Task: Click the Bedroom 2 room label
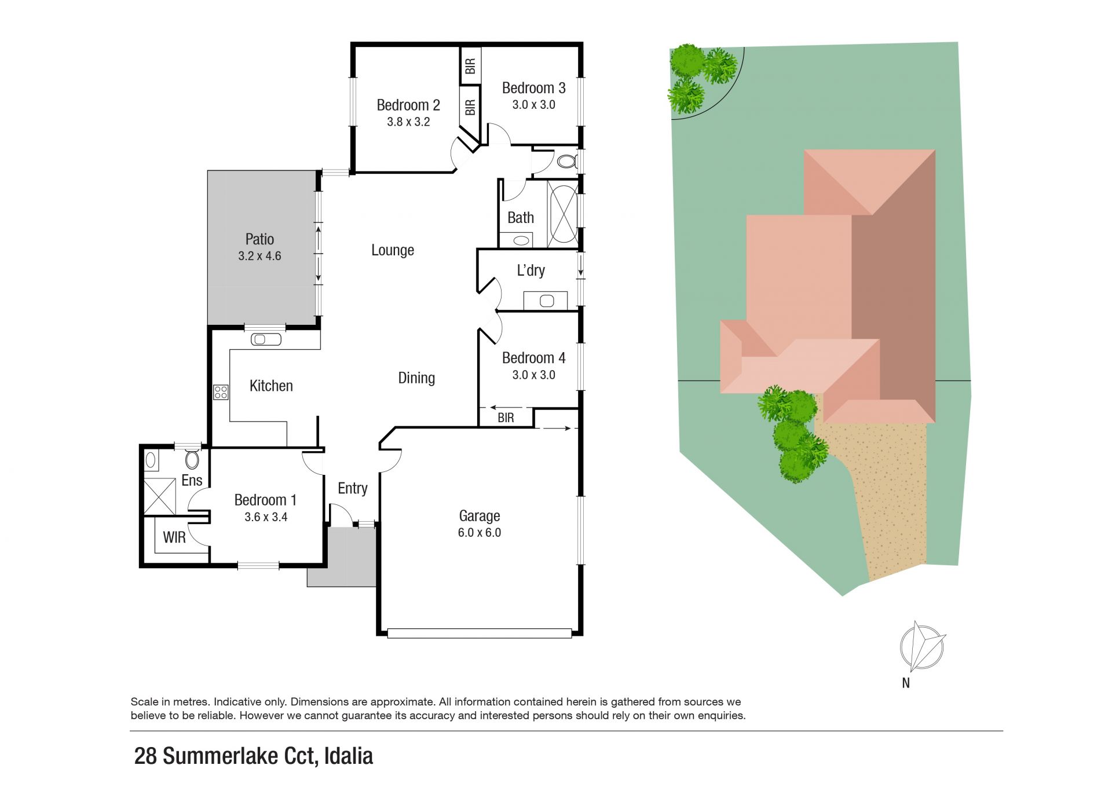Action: [x=408, y=105]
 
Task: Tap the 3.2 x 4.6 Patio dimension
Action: [x=259, y=256]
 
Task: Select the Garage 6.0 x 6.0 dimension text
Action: [x=480, y=533]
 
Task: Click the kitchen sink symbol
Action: [x=266, y=339]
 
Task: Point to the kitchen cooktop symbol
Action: [x=221, y=393]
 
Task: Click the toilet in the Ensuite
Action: [x=192, y=459]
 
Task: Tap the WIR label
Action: [x=174, y=537]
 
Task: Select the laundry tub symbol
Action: [x=547, y=301]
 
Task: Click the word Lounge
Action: [x=393, y=250]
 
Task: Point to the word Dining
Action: [x=416, y=378]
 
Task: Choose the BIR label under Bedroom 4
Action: [x=506, y=418]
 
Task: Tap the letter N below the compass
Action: [x=906, y=683]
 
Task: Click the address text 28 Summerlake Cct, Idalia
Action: [x=254, y=756]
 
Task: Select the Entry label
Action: [x=353, y=488]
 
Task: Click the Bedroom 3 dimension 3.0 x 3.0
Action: [x=533, y=105]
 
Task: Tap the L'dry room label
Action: [x=531, y=270]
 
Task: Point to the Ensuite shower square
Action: [x=159, y=496]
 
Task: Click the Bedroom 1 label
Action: [x=265, y=500]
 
